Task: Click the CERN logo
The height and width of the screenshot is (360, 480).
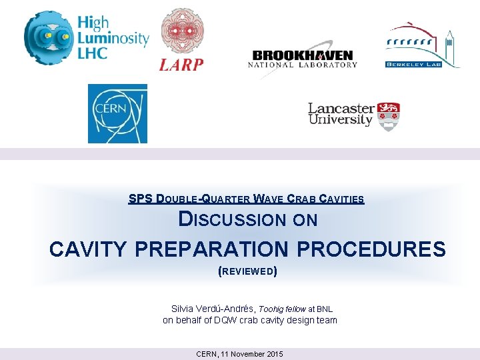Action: (x=117, y=113)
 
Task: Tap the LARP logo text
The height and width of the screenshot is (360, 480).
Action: (x=181, y=64)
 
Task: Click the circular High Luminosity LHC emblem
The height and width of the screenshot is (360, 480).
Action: (x=48, y=37)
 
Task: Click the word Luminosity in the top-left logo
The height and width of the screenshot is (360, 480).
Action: (x=113, y=38)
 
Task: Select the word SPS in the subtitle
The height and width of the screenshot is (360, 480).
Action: (x=140, y=199)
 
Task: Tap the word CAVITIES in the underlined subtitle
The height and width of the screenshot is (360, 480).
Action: (x=341, y=199)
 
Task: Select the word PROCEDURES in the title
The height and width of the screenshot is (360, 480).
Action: (x=371, y=249)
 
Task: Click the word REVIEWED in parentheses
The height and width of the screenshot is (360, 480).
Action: (x=247, y=271)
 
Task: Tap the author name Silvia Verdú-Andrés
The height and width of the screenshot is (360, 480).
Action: (x=213, y=309)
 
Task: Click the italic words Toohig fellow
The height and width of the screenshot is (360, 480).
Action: (x=281, y=309)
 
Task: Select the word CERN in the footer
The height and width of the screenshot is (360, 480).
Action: (x=207, y=354)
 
